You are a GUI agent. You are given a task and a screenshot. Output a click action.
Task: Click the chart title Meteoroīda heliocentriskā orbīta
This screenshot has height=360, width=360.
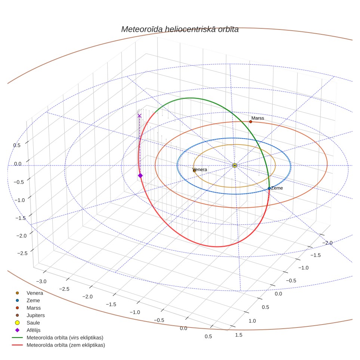(180, 30)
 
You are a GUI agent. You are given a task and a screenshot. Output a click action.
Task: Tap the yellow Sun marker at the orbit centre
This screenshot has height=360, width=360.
(235, 165)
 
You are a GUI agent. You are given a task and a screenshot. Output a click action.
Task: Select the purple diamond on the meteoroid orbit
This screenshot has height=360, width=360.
(140, 176)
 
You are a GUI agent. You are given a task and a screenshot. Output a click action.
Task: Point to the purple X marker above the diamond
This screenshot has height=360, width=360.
(139, 116)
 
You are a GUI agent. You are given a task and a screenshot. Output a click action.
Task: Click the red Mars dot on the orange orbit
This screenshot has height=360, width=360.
(251, 122)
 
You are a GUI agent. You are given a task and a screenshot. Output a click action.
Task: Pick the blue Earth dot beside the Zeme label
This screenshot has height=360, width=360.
(269, 189)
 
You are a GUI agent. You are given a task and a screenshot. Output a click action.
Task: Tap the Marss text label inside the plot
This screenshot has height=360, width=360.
(258, 118)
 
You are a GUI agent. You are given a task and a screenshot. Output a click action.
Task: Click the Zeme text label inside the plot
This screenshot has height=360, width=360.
(277, 188)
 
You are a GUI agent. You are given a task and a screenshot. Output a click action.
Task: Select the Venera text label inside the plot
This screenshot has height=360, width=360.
(200, 170)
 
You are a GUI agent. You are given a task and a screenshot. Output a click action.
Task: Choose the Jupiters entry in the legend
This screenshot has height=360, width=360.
(35, 315)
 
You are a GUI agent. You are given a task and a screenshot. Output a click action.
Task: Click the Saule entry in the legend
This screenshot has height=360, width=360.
(33, 323)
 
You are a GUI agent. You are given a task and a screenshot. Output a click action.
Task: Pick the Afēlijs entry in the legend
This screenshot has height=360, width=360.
(34, 330)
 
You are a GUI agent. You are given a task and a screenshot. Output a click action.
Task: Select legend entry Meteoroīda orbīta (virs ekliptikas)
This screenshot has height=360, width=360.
(65, 338)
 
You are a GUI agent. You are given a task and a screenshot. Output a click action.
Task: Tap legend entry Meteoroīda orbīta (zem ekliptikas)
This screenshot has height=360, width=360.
(66, 345)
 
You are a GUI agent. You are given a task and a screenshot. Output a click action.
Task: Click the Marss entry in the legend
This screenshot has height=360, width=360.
(34, 308)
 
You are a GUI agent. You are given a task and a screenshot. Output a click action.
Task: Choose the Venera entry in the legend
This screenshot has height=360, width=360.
(35, 293)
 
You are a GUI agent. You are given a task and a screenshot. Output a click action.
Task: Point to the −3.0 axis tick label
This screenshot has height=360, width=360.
(41, 281)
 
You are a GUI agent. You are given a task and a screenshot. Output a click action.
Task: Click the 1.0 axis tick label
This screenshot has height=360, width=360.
(252, 321)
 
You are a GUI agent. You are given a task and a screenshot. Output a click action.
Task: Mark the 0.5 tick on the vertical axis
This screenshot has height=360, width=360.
(17, 145)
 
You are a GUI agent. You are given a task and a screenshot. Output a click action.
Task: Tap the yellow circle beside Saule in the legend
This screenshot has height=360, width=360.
(17, 323)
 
